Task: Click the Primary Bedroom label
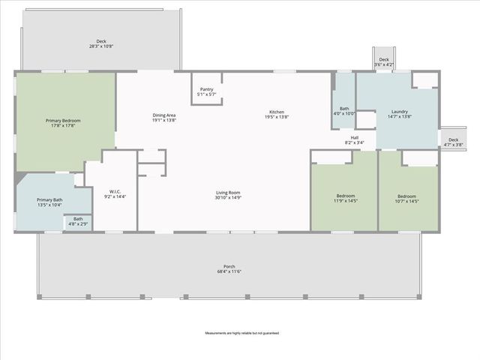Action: [63, 121]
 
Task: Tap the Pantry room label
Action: [206, 89]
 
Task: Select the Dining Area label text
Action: [163, 115]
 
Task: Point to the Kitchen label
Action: [276, 112]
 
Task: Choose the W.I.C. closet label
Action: [115, 191]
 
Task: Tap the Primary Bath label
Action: [49, 199]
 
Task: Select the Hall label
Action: [355, 137]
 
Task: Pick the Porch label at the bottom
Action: [229, 266]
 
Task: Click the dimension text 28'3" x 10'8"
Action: [101, 46]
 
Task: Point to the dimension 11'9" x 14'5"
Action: [344, 201]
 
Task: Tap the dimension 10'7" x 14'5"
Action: [406, 201]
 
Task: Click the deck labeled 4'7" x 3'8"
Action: [453, 142]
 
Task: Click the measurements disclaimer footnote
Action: [241, 333]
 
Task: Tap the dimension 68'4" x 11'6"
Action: [229, 271]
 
